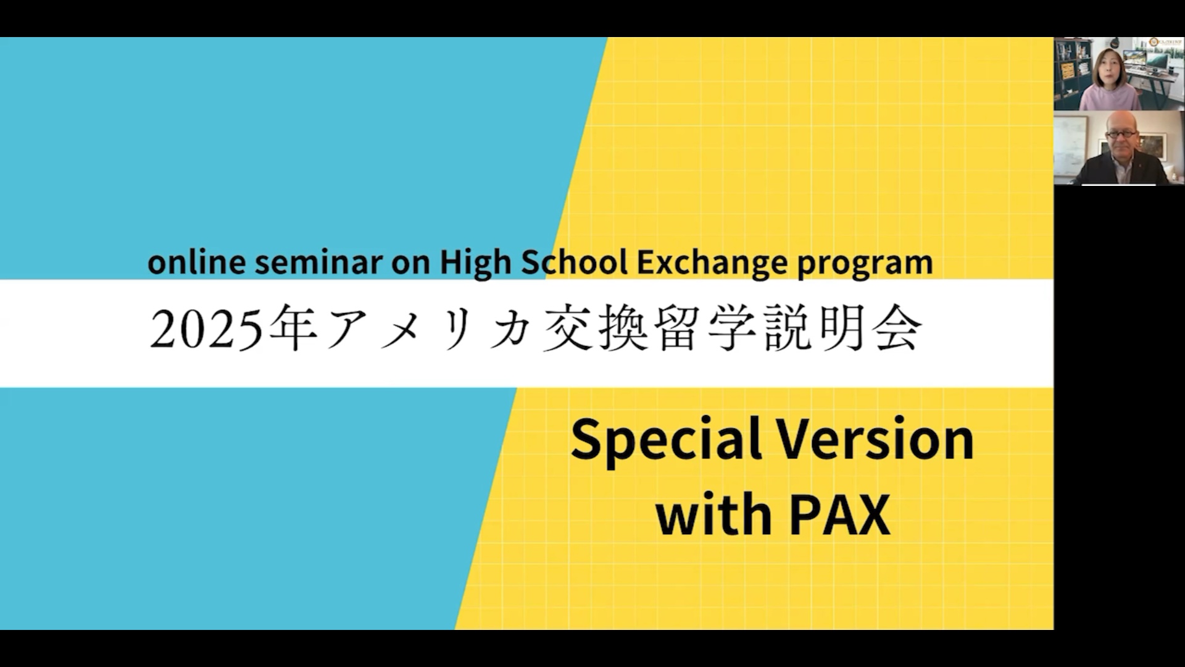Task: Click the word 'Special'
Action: pos(667,440)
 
